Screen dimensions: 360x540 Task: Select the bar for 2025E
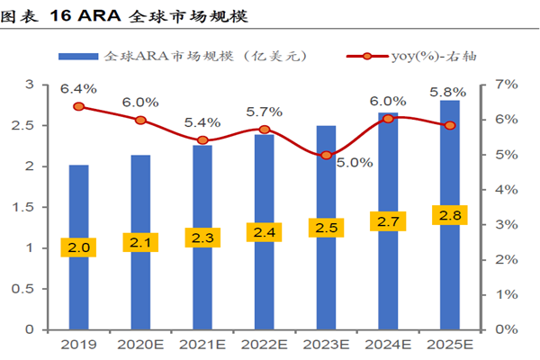click(450, 270)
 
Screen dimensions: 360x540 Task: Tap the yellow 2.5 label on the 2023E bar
click(327, 228)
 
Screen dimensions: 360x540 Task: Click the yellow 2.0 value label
click(79, 246)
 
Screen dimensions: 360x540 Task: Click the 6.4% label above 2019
click(79, 89)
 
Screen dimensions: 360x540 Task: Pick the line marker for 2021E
click(202, 140)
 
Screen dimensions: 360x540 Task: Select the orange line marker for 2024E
click(388, 119)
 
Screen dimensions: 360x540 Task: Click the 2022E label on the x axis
click(264, 346)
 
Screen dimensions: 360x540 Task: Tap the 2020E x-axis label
click(140, 346)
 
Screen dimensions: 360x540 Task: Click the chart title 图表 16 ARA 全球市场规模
click(126, 17)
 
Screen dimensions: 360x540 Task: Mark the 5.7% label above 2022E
click(264, 112)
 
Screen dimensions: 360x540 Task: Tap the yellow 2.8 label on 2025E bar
click(450, 214)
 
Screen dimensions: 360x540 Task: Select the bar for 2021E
click(202, 288)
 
